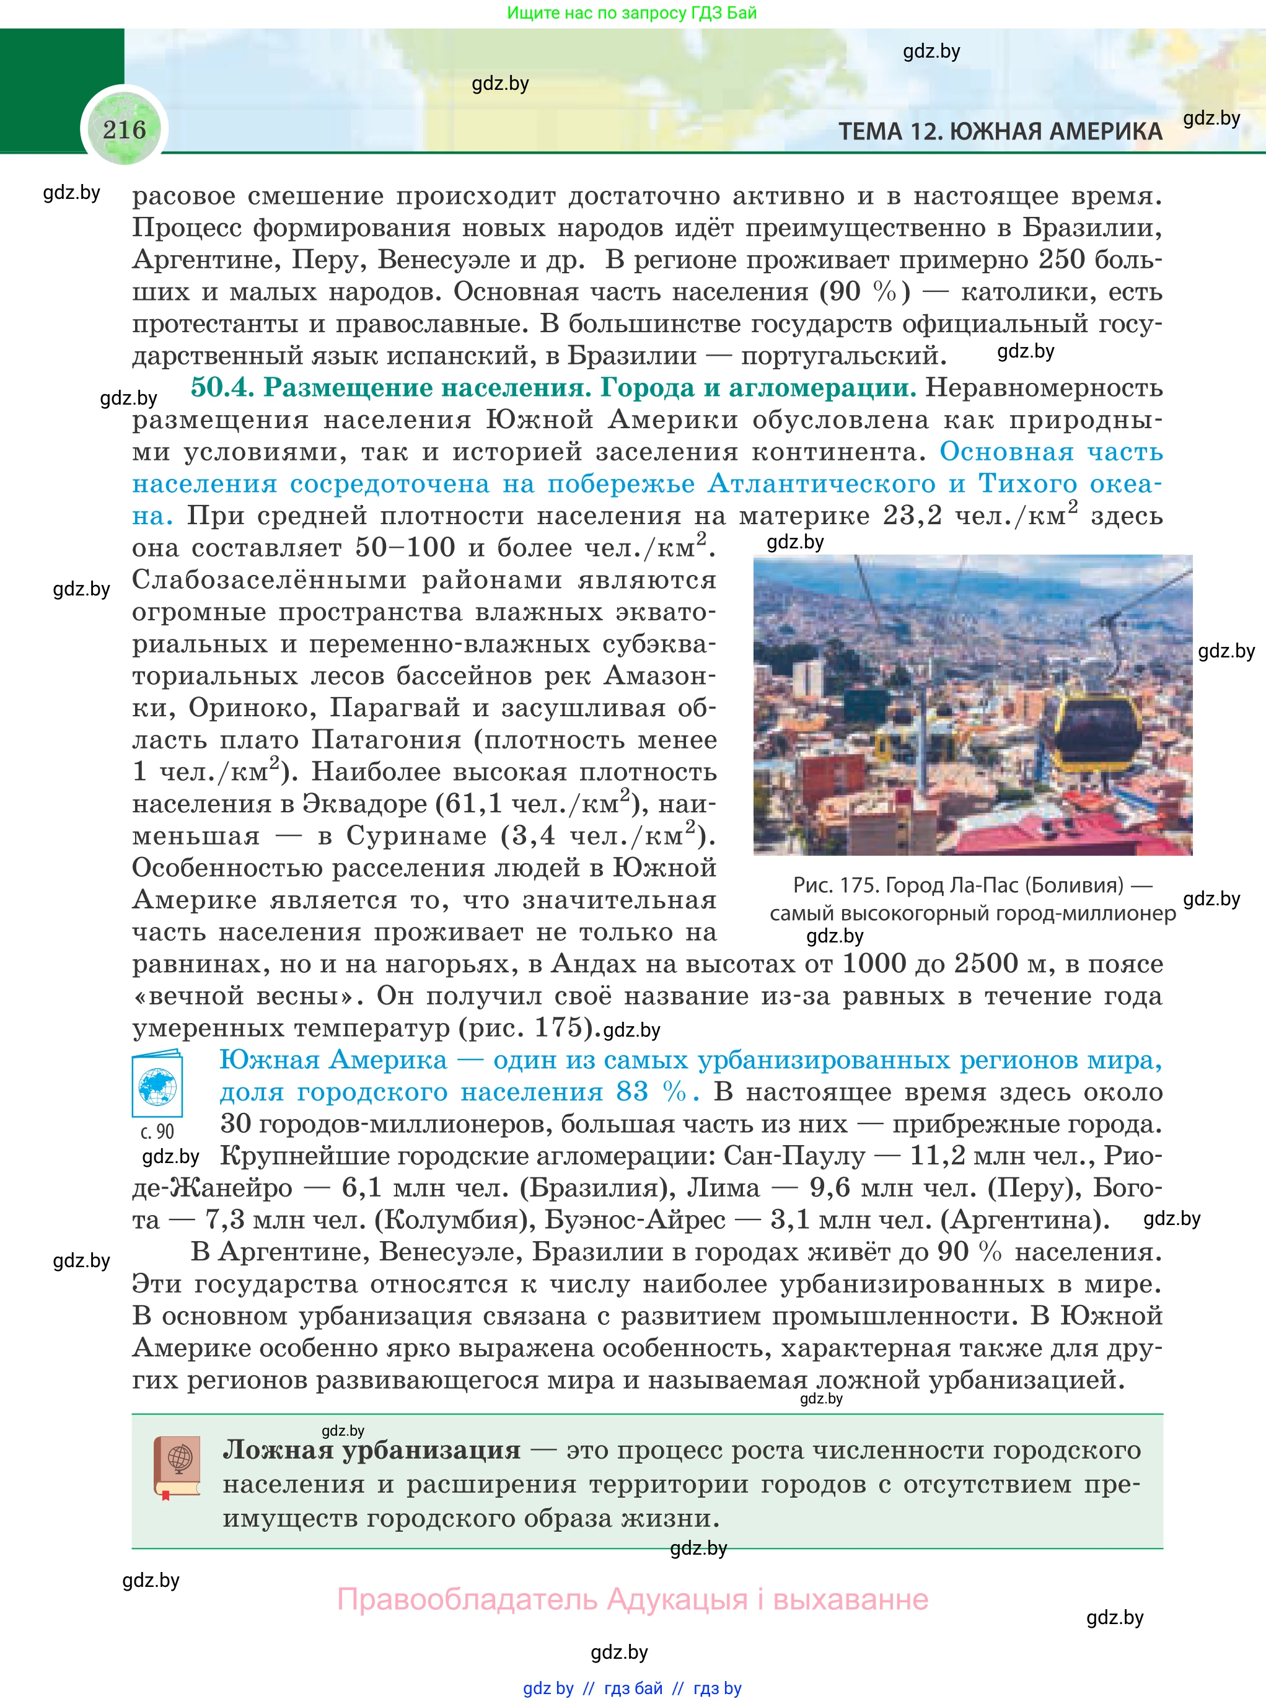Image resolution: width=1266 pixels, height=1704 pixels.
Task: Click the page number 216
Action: click(124, 130)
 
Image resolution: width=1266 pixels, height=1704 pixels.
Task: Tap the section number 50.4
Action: click(221, 388)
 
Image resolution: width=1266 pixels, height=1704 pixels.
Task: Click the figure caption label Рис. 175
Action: click(835, 885)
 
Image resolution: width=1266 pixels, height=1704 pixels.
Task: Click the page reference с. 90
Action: click(157, 1131)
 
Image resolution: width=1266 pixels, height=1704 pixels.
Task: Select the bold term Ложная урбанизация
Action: click(372, 1451)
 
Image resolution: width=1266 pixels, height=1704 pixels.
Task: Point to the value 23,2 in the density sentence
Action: click(912, 516)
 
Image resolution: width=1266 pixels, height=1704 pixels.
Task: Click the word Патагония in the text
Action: click(386, 740)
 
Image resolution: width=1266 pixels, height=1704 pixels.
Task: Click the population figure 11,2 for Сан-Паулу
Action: click(936, 1156)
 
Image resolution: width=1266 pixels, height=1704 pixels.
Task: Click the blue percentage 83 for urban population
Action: click(632, 1092)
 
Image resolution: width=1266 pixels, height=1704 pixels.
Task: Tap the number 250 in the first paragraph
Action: click(1062, 260)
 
